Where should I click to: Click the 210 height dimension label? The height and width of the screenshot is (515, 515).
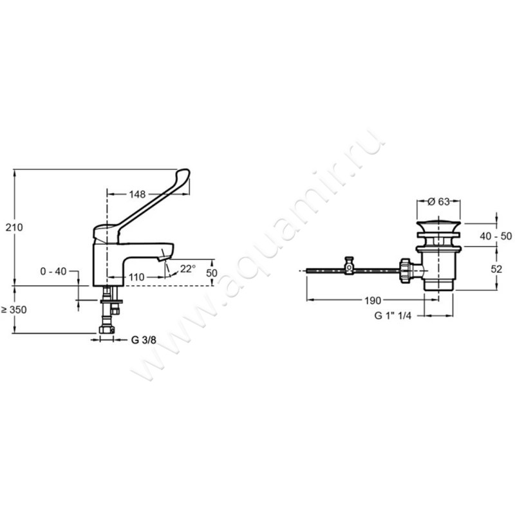[14, 227]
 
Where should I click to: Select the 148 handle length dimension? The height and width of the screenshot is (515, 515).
[137, 194]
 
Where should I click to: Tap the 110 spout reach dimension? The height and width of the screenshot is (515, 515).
[136, 277]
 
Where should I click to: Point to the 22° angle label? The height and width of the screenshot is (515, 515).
[188, 268]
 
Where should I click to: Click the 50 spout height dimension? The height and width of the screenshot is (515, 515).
[212, 273]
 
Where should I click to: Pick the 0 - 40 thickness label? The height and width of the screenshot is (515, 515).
[53, 271]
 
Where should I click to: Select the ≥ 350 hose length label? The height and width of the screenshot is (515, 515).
[14, 310]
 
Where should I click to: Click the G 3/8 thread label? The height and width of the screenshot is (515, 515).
[144, 340]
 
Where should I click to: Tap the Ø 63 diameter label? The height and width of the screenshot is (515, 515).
[438, 201]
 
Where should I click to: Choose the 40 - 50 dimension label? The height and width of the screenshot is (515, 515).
[496, 236]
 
